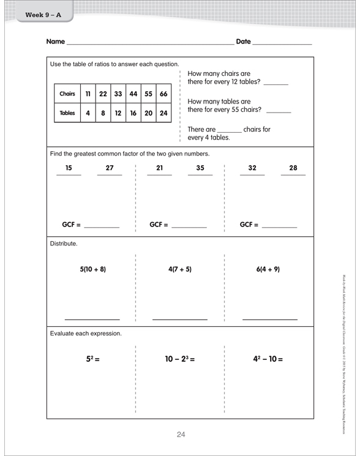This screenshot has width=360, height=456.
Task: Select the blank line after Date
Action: click(x=281, y=44)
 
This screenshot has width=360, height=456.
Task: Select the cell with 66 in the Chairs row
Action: click(x=164, y=94)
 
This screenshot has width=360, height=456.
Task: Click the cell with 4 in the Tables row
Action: click(x=89, y=113)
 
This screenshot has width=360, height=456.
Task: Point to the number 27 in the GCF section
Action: click(x=110, y=168)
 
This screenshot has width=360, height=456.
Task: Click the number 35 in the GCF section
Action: click(x=200, y=168)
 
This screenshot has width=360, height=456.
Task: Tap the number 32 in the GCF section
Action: click(x=252, y=168)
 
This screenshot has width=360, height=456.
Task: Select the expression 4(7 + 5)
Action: click(x=180, y=269)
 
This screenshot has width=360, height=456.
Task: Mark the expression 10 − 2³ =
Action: click(x=180, y=356)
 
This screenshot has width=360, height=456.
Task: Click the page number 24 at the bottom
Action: click(x=181, y=435)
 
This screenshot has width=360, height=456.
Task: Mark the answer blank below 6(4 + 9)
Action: click(x=270, y=319)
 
